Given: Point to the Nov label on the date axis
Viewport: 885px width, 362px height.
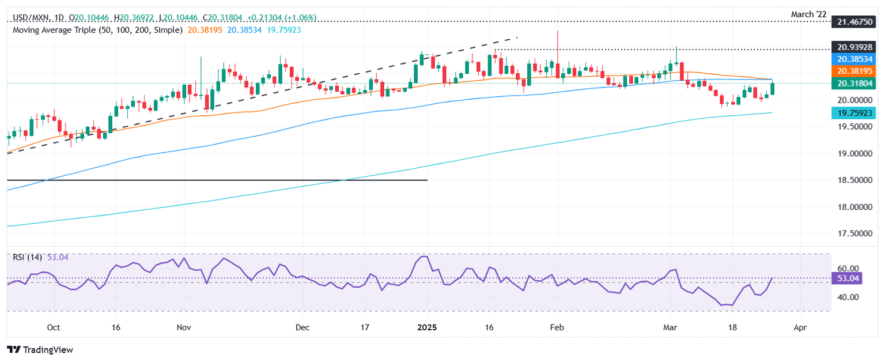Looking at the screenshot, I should pos(183,327).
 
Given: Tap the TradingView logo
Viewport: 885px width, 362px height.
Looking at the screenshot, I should pos(40,349).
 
